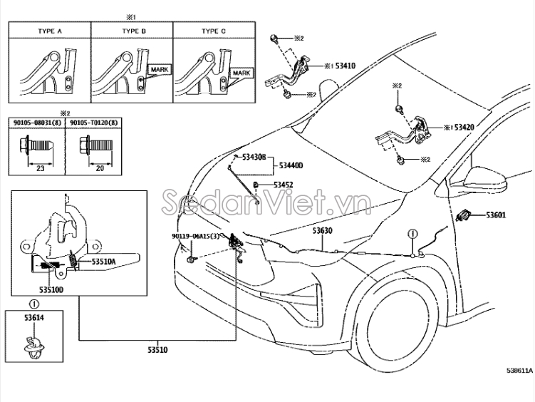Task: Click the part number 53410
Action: [x=346, y=66]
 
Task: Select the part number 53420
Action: [x=464, y=128]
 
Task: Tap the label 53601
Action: [x=496, y=215]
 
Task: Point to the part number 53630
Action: [x=323, y=231]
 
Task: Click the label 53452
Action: [x=284, y=185]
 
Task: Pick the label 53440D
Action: [x=291, y=165]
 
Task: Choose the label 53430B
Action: [x=254, y=158]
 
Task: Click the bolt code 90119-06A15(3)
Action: [x=195, y=236]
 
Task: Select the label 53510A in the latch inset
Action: [x=103, y=262]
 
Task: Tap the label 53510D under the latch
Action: [x=51, y=290]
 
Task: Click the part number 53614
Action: [x=34, y=318]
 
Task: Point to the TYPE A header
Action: [x=50, y=31]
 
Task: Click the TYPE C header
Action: [x=214, y=31]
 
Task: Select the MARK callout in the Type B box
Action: [x=160, y=70]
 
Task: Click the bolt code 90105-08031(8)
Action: [x=37, y=123]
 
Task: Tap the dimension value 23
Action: [x=41, y=168]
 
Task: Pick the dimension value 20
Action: [x=100, y=168]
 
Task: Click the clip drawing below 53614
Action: [x=33, y=347]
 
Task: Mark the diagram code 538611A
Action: [x=519, y=371]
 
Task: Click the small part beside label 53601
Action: [x=464, y=215]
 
